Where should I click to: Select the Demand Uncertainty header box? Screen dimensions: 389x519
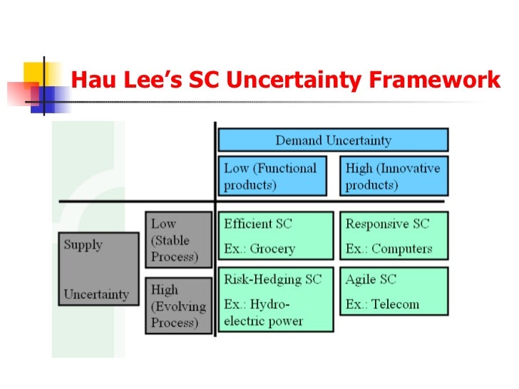[x=333, y=140]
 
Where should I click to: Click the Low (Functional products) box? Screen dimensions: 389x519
[x=270, y=176]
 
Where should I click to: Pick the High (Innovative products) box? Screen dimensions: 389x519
[x=394, y=176]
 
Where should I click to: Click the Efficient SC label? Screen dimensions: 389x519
[x=258, y=224]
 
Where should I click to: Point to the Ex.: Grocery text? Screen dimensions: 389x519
[x=259, y=249]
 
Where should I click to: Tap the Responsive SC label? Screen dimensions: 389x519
[x=388, y=224]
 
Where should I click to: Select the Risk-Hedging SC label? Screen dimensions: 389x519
[x=273, y=279]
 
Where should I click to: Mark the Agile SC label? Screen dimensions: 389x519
[x=371, y=279]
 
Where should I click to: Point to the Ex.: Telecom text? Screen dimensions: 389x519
[x=383, y=304]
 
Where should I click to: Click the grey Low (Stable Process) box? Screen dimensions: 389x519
[x=178, y=240]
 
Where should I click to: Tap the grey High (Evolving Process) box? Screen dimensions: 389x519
[x=178, y=306]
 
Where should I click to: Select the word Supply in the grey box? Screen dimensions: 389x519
[x=83, y=244]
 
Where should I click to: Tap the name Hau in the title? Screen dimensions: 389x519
[x=93, y=81]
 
